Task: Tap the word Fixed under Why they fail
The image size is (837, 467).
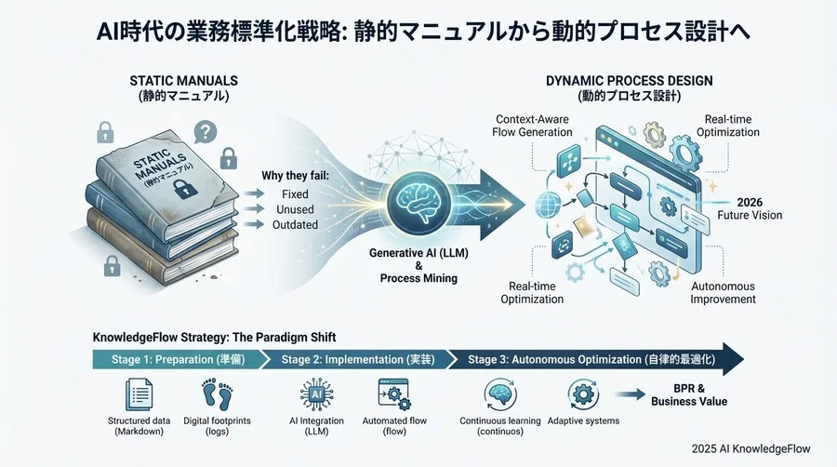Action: coord(294,194)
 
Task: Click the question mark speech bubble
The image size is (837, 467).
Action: coord(205,132)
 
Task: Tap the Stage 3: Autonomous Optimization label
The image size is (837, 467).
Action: coord(591,359)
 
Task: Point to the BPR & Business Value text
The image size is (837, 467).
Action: coord(695,394)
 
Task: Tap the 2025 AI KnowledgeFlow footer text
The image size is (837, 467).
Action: coord(751,448)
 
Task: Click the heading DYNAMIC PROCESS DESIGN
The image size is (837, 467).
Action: coord(629,81)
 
